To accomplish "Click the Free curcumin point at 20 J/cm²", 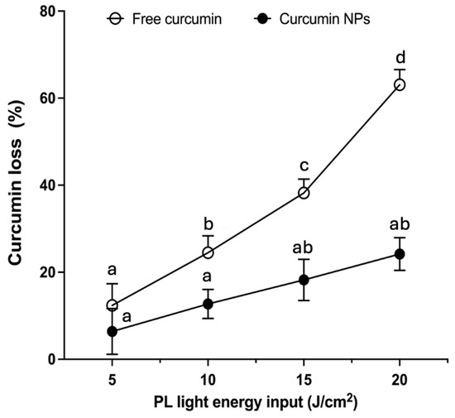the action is pos(400,85).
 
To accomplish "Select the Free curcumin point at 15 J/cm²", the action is pos(304,193).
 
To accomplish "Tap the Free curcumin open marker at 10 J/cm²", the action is pos(208,252).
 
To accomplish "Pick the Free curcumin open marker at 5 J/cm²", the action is pos(113,305).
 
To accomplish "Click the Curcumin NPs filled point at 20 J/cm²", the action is pos(400,254).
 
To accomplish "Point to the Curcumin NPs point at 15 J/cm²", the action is pos(304,280).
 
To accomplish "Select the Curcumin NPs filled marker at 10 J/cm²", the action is pos(208,304).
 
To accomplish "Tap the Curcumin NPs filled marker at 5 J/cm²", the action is pos(113,331).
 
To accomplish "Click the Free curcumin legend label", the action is pos(177,19).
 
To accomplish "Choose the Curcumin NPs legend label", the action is pos(325,19).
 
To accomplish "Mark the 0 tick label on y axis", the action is pos(50,359).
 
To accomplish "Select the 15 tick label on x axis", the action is pos(304,380).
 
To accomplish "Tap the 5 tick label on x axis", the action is pos(113,380).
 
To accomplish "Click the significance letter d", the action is pos(400,57).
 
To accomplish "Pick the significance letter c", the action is pos(304,166).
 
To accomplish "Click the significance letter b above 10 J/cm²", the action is pos(208,223).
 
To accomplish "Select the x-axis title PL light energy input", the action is pos(256,402).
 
